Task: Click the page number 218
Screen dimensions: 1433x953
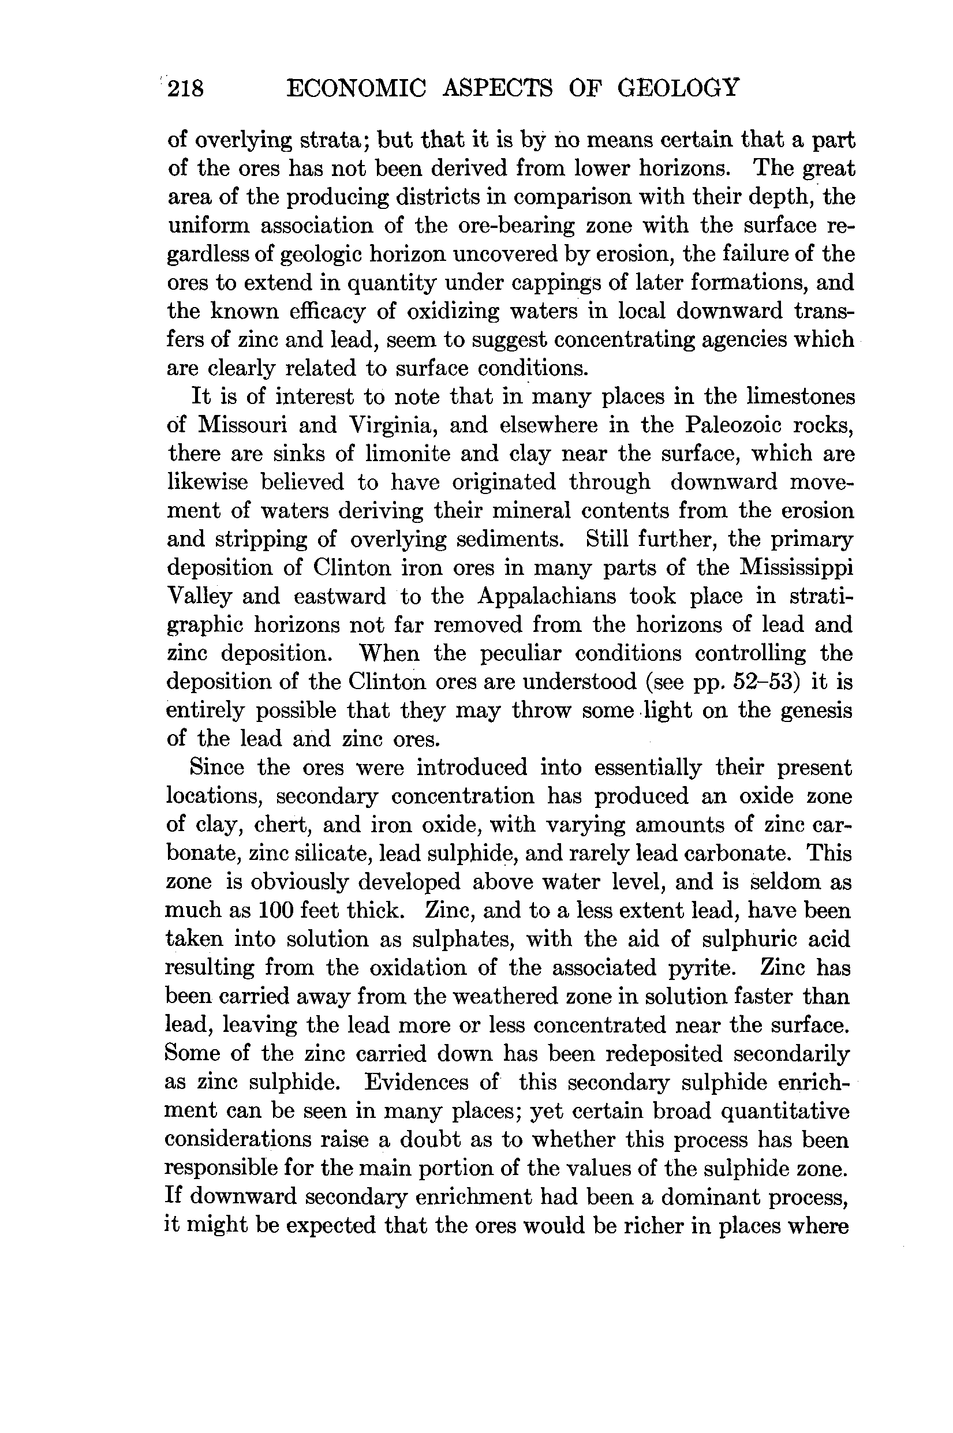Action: tap(186, 89)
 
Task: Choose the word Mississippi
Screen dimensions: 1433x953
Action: tap(796, 568)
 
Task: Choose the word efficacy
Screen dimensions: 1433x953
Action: tap(326, 311)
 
